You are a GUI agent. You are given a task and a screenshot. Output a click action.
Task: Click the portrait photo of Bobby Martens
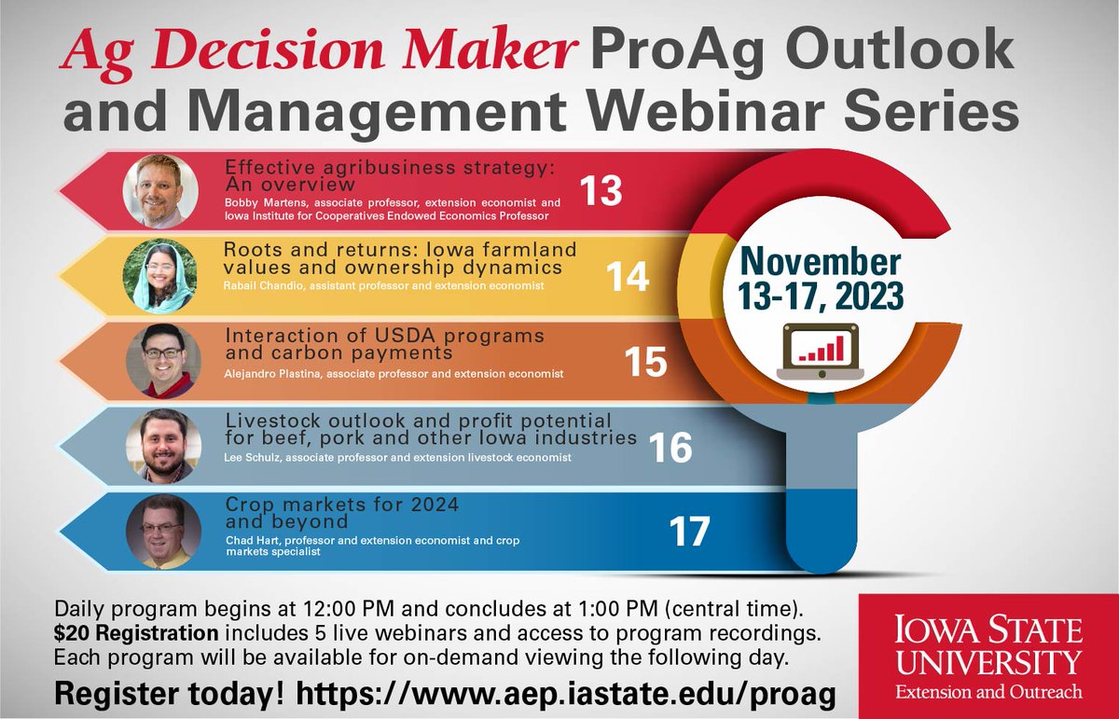click(x=160, y=191)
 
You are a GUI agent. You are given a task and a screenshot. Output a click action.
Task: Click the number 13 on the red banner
click(x=600, y=191)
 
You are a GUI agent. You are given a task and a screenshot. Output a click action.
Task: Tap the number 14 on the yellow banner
click(x=627, y=277)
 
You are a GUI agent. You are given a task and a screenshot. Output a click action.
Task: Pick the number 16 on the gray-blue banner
click(x=670, y=449)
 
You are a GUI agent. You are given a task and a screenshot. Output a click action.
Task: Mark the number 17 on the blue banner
click(x=689, y=532)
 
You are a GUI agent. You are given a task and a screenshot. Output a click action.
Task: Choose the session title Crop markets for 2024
click(x=342, y=505)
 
